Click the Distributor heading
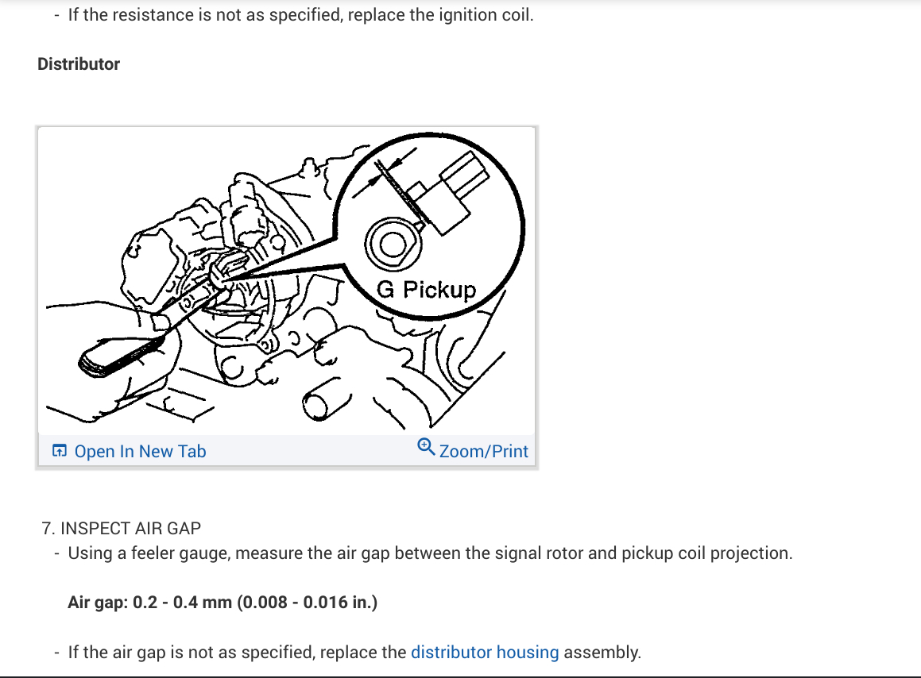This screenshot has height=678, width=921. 79,64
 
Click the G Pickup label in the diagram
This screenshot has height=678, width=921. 426,290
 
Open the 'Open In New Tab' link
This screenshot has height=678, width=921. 140,451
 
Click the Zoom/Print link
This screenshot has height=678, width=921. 483,451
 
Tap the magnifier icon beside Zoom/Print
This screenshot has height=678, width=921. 426,448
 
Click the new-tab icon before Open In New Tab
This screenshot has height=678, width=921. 59,451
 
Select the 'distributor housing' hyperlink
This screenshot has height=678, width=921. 485,653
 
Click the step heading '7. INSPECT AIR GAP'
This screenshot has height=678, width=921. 122,528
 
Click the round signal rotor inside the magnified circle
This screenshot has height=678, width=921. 391,243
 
